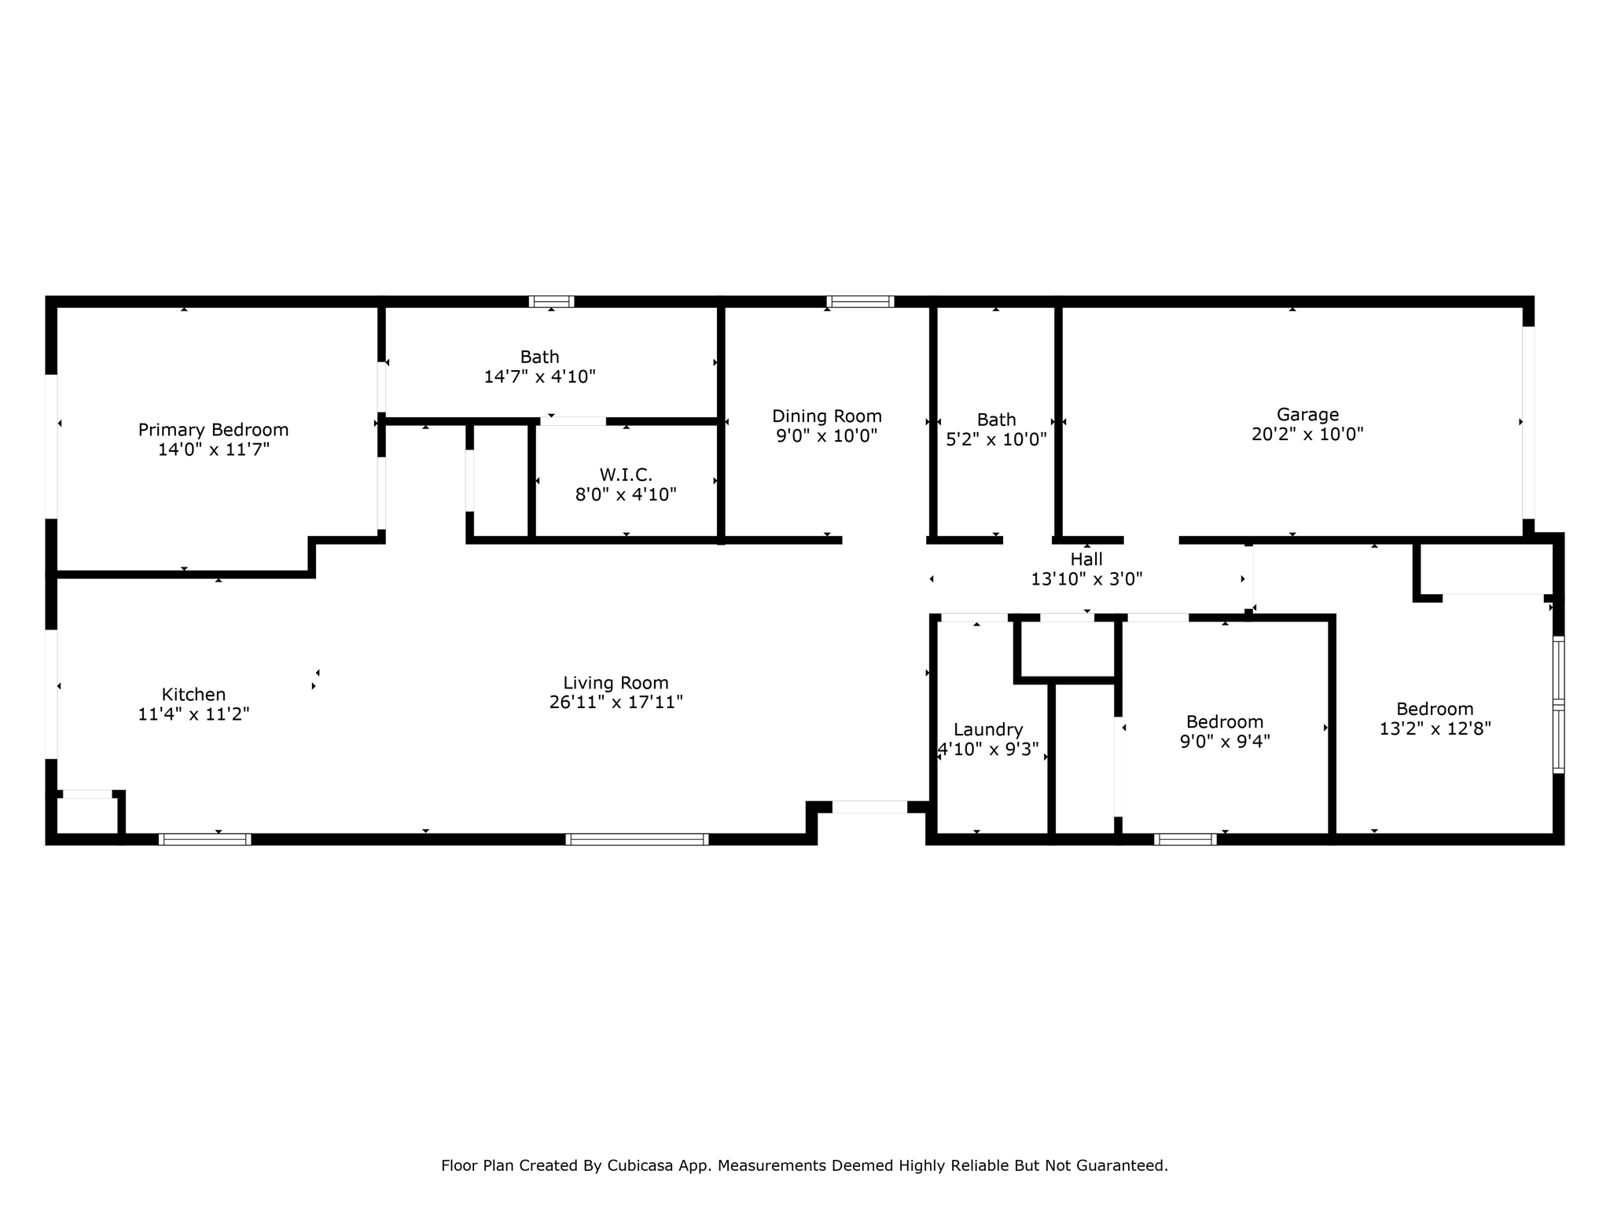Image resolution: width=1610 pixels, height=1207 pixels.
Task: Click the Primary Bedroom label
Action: click(213, 430)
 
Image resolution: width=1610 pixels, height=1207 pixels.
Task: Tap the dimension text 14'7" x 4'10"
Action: click(539, 377)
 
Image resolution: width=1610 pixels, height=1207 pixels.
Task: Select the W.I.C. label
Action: click(626, 475)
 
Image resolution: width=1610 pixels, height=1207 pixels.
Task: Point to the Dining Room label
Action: click(826, 416)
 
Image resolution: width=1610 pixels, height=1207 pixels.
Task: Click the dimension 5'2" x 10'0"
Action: click(996, 440)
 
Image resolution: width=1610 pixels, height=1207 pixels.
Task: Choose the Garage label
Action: click(1307, 415)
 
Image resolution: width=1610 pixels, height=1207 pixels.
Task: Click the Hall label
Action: click(1086, 559)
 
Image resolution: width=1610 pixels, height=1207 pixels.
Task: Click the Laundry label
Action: click(988, 730)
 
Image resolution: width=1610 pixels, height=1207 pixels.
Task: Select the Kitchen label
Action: click(193, 695)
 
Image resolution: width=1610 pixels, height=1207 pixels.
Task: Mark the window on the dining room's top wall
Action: click(860, 302)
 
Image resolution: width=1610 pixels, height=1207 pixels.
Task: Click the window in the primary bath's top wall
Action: click(551, 302)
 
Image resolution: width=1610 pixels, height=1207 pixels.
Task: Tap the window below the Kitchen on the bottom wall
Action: click(204, 839)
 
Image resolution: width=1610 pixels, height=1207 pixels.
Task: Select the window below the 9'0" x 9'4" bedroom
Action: click(1185, 839)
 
